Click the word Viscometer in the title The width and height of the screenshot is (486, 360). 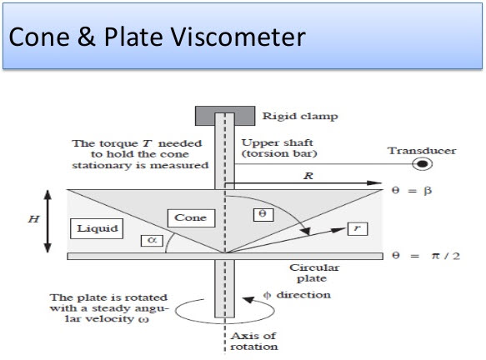point(238,37)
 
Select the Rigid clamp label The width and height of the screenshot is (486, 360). point(300,117)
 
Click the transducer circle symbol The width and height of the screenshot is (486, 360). point(422,164)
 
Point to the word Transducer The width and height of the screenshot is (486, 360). point(422,151)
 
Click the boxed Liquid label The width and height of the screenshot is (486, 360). point(97,228)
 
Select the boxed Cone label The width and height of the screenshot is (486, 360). point(191,217)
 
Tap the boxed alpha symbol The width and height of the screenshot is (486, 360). point(152,240)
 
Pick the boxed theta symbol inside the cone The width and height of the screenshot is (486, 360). point(263,215)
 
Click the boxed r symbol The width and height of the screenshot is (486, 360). point(358,228)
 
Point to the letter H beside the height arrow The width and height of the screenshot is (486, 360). point(34,219)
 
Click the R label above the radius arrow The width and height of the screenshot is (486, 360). point(308,176)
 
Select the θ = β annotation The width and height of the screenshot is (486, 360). point(412,190)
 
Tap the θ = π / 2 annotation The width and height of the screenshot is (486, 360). point(426,256)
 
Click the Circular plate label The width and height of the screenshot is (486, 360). point(313,273)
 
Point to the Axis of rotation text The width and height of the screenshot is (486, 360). point(254,341)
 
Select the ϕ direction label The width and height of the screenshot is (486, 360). point(297,295)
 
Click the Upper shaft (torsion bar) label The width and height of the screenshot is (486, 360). point(279,148)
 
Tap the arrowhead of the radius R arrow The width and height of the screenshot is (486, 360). point(374,182)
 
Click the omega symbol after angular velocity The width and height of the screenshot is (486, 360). point(144,319)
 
